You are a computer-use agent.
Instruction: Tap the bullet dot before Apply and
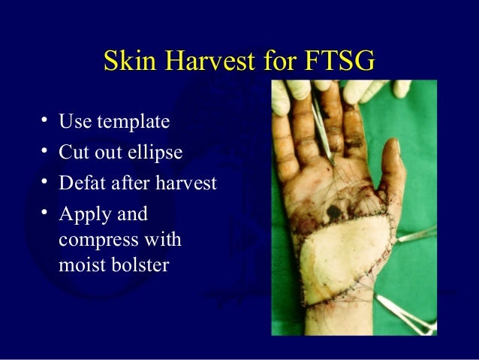click(x=45, y=213)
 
